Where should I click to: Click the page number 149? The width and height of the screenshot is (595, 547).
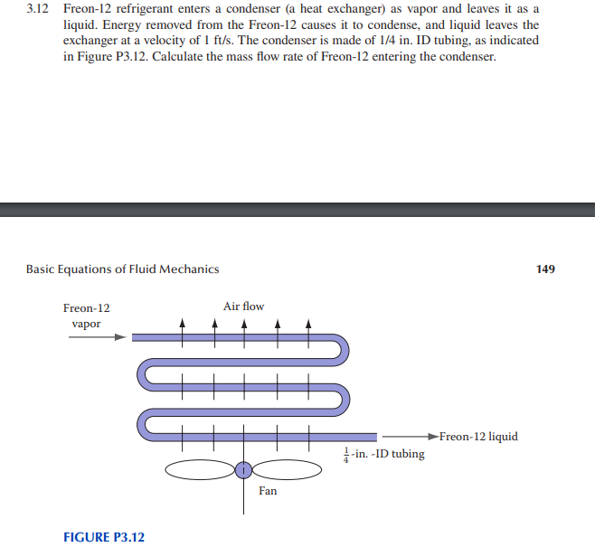(545, 269)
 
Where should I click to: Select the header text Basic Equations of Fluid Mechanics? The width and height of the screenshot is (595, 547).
(122, 269)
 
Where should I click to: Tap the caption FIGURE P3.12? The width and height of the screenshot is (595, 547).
(104, 537)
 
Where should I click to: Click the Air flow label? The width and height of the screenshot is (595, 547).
(244, 307)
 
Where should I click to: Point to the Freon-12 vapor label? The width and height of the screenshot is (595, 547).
(87, 316)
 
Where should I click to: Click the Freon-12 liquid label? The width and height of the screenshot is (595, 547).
(478, 437)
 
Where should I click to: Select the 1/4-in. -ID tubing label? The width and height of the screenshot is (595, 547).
(383, 453)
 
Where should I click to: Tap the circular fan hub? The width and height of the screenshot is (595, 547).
(243, 469)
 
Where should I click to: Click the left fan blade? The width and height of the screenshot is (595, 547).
(201, 469)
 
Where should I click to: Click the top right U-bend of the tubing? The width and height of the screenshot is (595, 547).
(344, 351)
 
